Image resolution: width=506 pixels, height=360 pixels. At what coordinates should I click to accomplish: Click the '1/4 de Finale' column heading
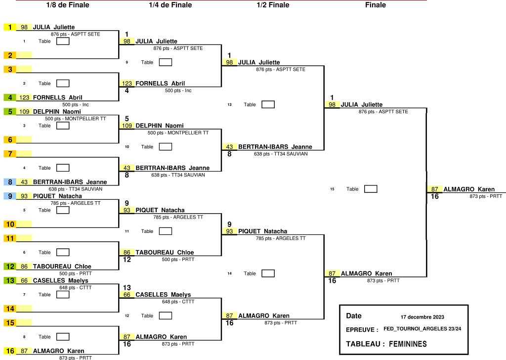[x=170, y=5]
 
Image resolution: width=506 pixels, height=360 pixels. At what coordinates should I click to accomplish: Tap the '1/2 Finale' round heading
[x=273, y=5]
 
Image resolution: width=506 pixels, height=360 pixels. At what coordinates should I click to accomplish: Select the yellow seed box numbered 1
[x=10, y=27]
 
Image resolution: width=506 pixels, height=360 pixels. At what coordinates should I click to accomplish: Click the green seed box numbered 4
[x=10, y=97]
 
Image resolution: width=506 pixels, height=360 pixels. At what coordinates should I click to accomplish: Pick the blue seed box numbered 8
[x=10, y=182]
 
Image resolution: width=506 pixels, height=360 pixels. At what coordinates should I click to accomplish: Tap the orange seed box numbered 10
[x=10, y=224]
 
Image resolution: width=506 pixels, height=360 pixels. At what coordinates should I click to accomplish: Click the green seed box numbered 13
[x=10, y=280]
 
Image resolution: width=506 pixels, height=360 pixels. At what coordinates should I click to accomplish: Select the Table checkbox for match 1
[x=63, y=41]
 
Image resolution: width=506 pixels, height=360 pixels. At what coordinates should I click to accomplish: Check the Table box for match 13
[x=268, y=104]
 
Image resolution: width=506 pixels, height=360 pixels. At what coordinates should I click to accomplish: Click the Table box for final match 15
[x=371, y=189]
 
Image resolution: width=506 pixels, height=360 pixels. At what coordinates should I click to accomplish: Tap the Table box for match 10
[x=166, y=146]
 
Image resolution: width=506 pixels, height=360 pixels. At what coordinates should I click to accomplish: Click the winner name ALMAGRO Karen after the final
[x=469, y=189]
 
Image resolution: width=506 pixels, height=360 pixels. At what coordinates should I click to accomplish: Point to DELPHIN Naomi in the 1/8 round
[x=57, y=111]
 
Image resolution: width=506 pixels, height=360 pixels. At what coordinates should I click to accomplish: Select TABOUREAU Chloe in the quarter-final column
[x=165, y=252]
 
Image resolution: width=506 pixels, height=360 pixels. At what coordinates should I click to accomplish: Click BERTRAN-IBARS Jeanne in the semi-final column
[x=275, y=146]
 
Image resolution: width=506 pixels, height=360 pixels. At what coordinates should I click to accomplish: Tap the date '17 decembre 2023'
[x=422, y=317]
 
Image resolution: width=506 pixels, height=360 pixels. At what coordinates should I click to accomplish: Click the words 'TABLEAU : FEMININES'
[x=386, y=344]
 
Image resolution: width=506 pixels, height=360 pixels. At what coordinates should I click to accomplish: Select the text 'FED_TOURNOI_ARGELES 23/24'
[x=422, y=329]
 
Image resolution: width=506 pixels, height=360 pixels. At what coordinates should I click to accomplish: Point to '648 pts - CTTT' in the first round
[x=76, y=287]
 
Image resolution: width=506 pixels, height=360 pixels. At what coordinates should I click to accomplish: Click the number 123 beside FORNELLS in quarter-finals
[x=127, y=83]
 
